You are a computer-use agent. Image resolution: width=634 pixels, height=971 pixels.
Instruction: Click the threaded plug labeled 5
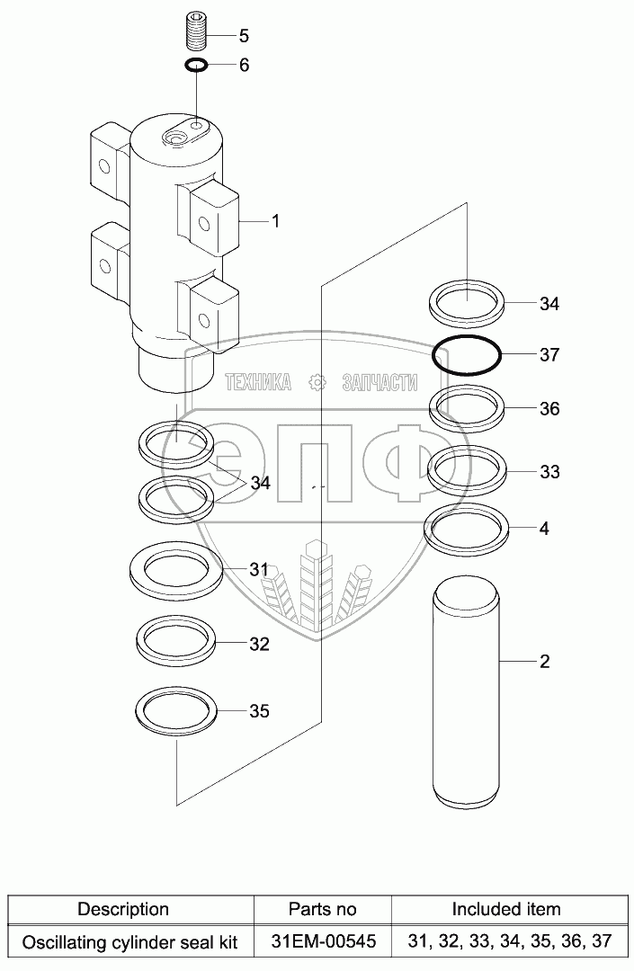click(197, 33)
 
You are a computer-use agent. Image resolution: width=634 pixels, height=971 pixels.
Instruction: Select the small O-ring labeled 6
click(197, 65)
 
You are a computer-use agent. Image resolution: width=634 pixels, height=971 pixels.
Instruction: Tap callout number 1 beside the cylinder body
click(276, 220)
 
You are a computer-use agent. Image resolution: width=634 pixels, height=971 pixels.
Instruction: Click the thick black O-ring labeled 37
click(467, 355)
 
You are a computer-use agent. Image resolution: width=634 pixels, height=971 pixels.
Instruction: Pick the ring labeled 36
click(467, 408)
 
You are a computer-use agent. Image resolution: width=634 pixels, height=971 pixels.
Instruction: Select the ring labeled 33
click(467, 470)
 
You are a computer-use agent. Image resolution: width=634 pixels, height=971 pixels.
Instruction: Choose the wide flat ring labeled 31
click(176, 570)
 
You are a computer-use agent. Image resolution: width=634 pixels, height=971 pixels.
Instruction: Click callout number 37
click(549, 355)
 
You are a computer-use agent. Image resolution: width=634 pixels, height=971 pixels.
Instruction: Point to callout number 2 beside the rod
click(544, 663)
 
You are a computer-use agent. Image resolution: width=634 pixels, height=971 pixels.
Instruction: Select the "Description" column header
click(123, 910)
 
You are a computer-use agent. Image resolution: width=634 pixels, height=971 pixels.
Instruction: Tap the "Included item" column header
click(505, 910)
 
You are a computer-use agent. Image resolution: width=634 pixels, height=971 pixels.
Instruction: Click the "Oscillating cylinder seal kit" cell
click(129, 941)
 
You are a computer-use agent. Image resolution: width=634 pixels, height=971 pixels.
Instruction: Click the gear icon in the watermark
click(317, 383)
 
